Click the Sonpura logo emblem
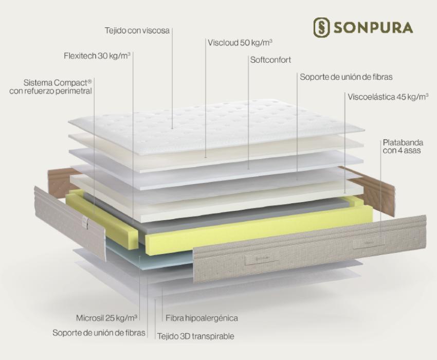click(x=322, y=28)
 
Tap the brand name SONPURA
click(x=373, y=28)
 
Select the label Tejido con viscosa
click(x=137, y=30)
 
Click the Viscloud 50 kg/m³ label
click(x=240, y=43)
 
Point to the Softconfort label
click(x=270, y=60)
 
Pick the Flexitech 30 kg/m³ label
click(x=97, y=56)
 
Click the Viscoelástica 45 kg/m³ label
click(x=388, y=97)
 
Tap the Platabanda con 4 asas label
click(x=403, y=147)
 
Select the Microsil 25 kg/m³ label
click(x=106, y=318)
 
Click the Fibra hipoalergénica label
click(x=202, y=318)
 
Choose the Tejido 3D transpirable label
click(x=196, y=336)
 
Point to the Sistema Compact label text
click(x=50, y=87)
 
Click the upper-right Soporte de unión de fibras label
click(x=346, y=77)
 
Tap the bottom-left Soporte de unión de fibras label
click(x=99, y=333)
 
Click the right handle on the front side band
click(x=369, y=243)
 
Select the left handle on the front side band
click(x=261, y=260)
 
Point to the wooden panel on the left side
click(x=60, y=181)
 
